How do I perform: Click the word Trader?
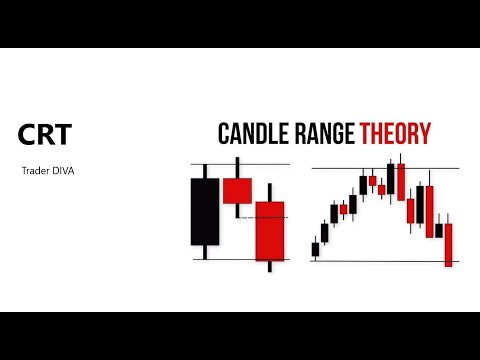pyautogui.click(x=33, y=171)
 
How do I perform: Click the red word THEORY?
pyautogui.click(x=397, y=135)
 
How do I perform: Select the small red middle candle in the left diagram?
pyautogui.click(x=237, y=191)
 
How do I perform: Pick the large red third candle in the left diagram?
pyautogui.click(x=269, y=230)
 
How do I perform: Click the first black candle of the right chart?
pyautogui.click(x=316, y=248)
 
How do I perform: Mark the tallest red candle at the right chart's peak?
pyautogui.click(x=401, y=181)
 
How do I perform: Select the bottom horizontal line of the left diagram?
pyautogui.click(x=240, y=259)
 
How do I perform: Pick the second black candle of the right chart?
pyautogui.click(x=324, y=232)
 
